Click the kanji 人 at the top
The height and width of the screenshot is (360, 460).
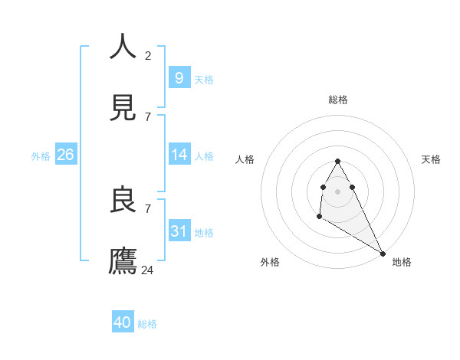(123, 47)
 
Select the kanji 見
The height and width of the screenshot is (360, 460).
(123, 108)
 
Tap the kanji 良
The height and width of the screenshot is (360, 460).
(123, 200)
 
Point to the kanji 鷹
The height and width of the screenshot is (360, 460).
(123, 261)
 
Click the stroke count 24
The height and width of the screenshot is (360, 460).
(148, 270)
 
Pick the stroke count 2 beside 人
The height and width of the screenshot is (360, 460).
(148, 55)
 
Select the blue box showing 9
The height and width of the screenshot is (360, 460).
(179, 77)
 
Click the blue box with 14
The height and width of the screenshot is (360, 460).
(179, 154)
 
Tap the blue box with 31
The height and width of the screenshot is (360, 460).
(179, 231)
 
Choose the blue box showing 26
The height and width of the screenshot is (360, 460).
(65, 154)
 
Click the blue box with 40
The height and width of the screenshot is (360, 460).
(123, 322)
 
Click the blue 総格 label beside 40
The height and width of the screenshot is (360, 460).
(147, 324)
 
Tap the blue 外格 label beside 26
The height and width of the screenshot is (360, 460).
(41, 155)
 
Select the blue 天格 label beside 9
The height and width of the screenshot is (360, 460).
(203, 79)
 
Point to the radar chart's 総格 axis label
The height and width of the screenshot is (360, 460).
(337, 100)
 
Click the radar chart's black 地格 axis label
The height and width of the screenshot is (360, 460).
(402, 262)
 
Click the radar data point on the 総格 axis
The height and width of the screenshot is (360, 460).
(337, 161)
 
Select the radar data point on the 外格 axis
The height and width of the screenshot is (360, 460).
(319, 217)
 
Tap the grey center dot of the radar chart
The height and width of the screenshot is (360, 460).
(337, 191)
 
